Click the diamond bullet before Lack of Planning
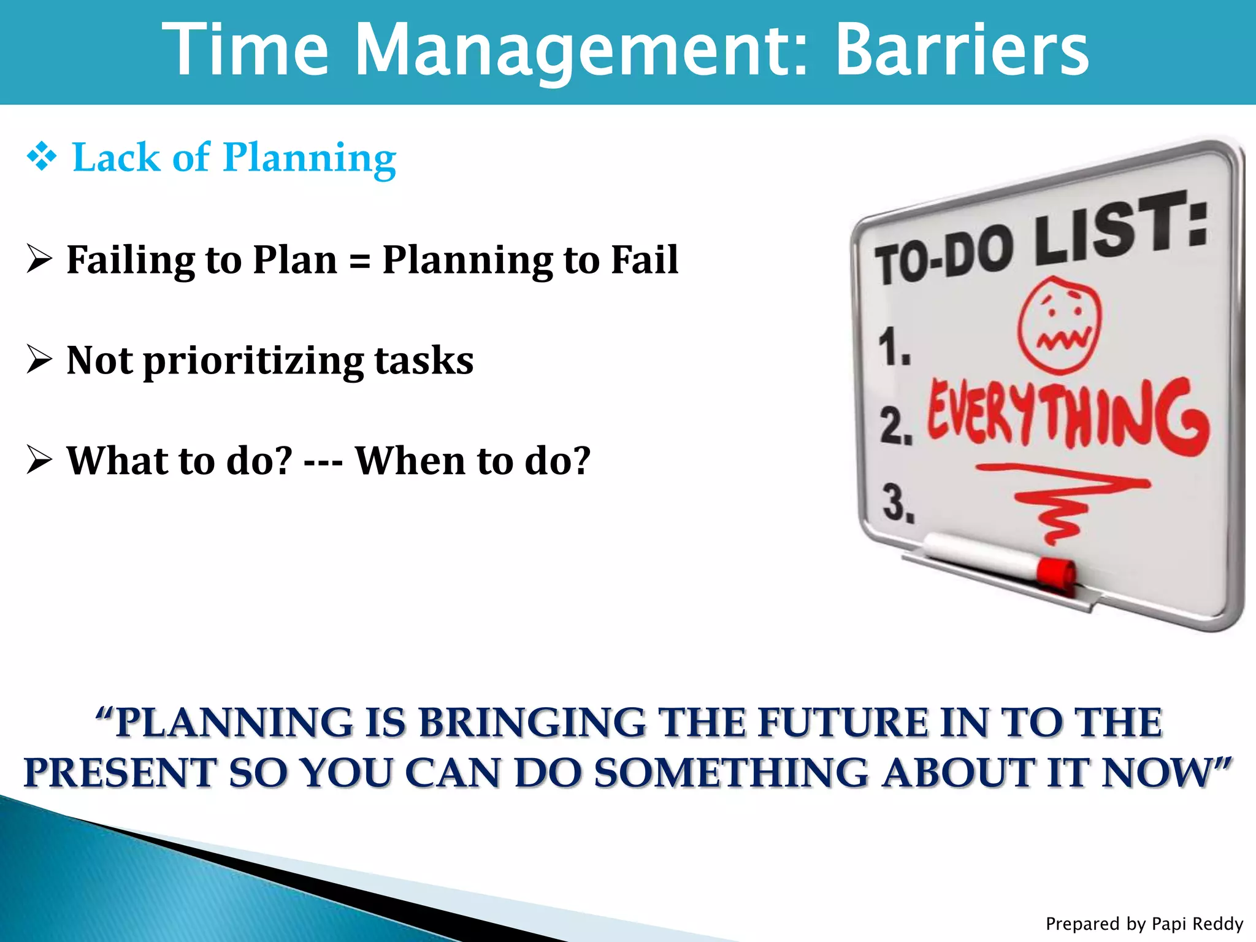[x=41, y=158]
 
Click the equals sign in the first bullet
[x=359, y=261]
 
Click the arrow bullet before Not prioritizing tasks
[x=39, y=359]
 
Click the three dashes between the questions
[x=323, y=461]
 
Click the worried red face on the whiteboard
[x=1059, y=325]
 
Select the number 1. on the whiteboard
[x=894, y=347]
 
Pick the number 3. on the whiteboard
[x=898, y=503]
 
